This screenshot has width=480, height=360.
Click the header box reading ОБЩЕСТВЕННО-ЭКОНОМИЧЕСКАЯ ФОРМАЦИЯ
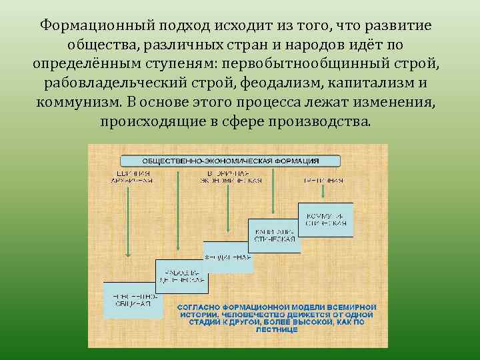coord(230,161)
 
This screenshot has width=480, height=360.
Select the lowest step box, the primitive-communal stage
coord(130,299)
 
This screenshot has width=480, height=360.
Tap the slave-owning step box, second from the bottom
coord(179,277)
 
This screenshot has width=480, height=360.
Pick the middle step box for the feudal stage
coord(227,257)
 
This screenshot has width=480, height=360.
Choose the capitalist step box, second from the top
coord(274,235)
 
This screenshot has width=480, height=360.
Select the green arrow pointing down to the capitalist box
coord(274,193)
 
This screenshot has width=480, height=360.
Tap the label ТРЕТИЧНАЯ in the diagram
coord(323,180)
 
